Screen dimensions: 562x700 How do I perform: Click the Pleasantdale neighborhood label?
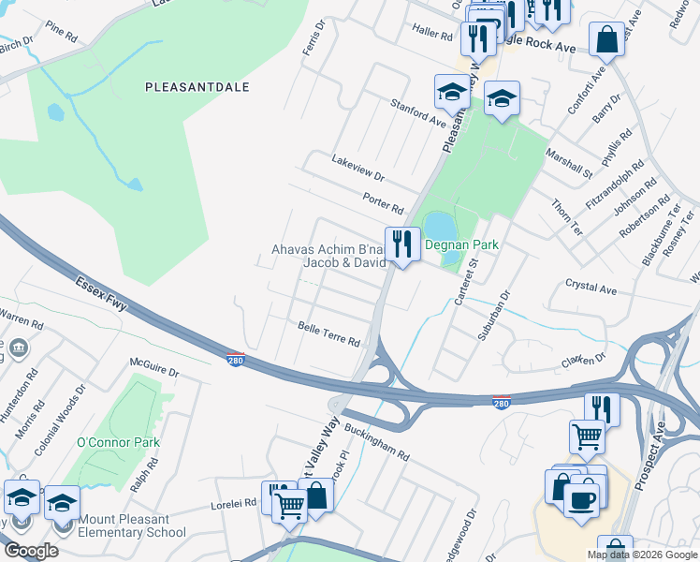tap(197, 86)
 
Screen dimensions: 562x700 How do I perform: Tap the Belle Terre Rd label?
tap(328, 335)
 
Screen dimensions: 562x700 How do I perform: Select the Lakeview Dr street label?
tap(357, 168)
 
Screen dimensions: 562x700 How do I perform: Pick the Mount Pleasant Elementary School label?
tap(133, 525)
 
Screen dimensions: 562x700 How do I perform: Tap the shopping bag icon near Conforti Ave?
tap(606, 40)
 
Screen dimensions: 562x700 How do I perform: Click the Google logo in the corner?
tap(30, 551)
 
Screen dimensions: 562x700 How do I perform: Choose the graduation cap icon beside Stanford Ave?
tap(452, 93)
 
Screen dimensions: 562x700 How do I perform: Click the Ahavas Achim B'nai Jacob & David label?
tap(328, 256)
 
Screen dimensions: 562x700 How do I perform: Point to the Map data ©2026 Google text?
tap(641, 555)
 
